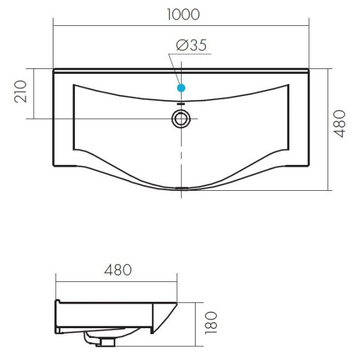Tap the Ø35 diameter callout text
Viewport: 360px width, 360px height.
pyautogui.click(x=191, y=46)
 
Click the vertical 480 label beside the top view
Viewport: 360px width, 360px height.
pyautogui.click(x=340, y=124)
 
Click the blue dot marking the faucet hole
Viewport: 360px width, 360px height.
pyautogui.click(x=181, y=88)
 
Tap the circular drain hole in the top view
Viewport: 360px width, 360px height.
pyautogui.click(x=181, y=118)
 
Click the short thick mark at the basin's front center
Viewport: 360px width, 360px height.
pyautogui.click(x=181, y=188)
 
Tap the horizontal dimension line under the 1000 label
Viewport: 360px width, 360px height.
pyautogui.click(x=181, y=25)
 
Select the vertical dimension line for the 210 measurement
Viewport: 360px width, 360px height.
pyautogui.click(x=34, y=93)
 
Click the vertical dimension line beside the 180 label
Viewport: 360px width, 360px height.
pyautogui.click(x=196, y=324)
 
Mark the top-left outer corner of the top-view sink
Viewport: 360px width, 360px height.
pyautogui.click(x=53, y=70)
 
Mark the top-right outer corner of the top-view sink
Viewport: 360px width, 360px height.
pyautogui.click(x=308, y=70)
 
